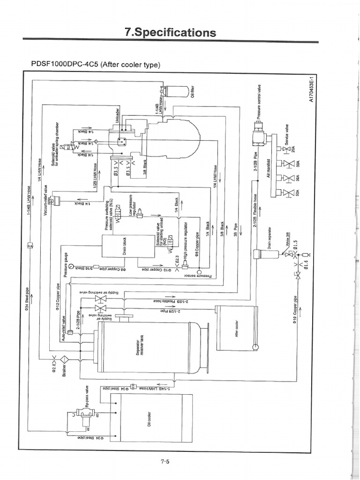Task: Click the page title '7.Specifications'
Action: point(170,32)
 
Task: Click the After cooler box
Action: point(237,328)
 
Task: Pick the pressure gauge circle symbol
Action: point(71,268)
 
